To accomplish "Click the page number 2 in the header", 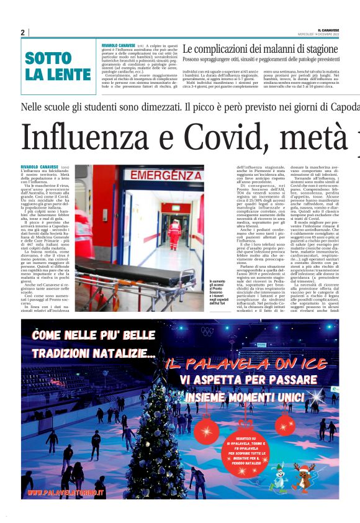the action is tap(22, 32).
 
